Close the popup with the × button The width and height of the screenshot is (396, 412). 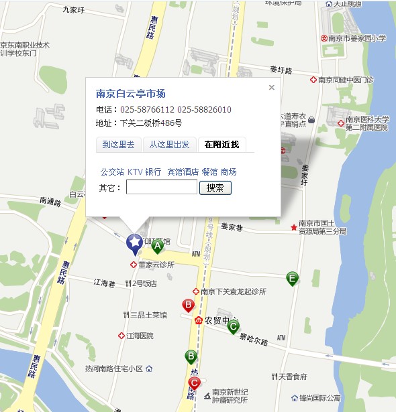(271, 87)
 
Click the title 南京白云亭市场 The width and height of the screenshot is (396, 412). (130, 94)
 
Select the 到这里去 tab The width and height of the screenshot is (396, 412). (118, 144)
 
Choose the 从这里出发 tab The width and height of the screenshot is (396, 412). (169, 144)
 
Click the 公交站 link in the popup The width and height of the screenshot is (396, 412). (112, 172)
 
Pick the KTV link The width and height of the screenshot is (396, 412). (135, 172)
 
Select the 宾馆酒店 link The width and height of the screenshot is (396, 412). (183, 172)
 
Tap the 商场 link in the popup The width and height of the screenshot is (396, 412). (228, 172)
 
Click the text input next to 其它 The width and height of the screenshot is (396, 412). (161, 188)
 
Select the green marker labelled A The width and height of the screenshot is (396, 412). (158, 247)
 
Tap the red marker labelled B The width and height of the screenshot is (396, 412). (189, 306)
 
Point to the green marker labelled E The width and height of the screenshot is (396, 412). (292, 278)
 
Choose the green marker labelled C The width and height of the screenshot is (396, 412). (233, 327)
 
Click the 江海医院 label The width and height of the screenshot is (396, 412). (140, 336)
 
